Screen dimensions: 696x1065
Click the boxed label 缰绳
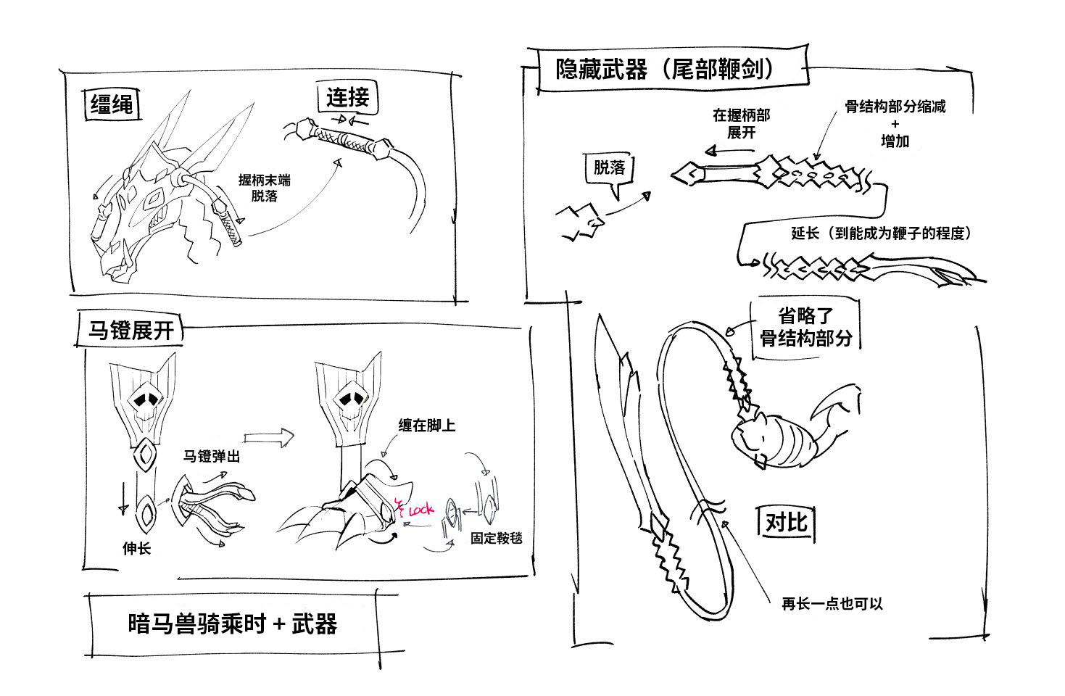click(111, 104)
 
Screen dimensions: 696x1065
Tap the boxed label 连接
click(348, 97)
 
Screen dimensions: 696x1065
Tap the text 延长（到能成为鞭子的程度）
click(880, 233)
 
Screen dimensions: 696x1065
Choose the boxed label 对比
click(787, 522)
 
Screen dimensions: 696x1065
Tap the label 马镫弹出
click(211, 457)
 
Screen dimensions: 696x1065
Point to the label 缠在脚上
click(426, 426)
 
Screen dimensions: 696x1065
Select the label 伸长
click(136, 549)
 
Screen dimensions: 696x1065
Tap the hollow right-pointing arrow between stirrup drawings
click(269, 436)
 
